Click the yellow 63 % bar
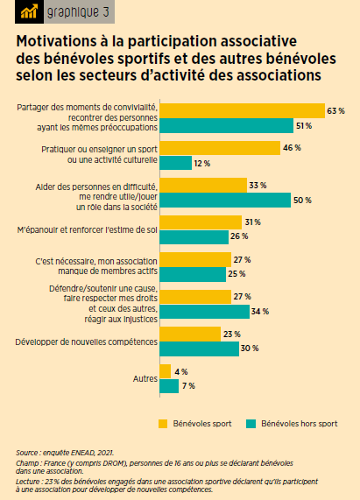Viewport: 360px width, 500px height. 243,111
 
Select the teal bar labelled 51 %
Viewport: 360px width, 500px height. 227,125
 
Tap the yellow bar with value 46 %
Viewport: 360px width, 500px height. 220,148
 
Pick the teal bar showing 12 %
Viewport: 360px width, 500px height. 176,163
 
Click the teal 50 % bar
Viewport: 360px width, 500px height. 225,200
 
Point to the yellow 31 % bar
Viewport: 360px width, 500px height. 201,222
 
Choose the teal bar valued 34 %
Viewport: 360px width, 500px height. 205,312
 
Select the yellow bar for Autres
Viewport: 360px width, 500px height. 166,371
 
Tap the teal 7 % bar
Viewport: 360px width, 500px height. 169,386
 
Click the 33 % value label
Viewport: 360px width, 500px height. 258,186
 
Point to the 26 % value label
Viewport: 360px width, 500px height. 239,236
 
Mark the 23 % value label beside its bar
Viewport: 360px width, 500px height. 232,335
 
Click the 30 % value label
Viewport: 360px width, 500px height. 250,349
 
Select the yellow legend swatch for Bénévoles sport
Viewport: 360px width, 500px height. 163,424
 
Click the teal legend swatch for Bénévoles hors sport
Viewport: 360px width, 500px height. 251,424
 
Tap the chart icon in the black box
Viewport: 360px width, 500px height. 29,12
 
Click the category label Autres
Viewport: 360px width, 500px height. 145,379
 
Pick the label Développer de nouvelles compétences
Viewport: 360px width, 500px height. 87,342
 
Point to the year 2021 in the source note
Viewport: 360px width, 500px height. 105,453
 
